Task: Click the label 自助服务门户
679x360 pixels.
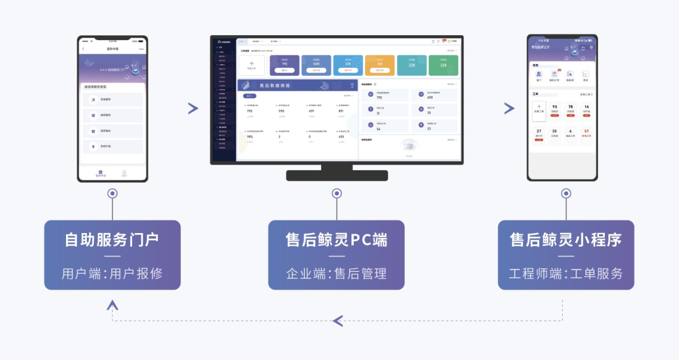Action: click(x=112, y=240)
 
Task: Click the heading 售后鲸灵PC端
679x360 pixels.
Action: click(x=336, y=240)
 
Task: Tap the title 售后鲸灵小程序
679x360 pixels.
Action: click(x=566, y=240)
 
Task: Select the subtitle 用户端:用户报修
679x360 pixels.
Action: click(x=112, y=273)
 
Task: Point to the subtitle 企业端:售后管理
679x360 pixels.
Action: click(x=336, y=273)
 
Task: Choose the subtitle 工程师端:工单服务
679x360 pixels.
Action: click(x=566, y=273)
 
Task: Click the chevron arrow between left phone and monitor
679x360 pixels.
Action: click(x=193, y=108)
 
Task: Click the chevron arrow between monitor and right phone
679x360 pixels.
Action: click(x=509, y=108)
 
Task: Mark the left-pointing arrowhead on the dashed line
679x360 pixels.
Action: click(x=338, y=321)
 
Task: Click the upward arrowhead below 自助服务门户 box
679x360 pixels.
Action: click(x=113, y=305)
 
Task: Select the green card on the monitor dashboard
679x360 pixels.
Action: click(x=443, y=65)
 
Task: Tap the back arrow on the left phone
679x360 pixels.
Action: click(x=83, y=48)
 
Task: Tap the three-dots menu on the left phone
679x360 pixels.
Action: click(x=141, y=48)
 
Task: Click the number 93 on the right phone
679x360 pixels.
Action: click(x=555, y=107)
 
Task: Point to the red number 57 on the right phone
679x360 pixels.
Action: click(x=587, y=131)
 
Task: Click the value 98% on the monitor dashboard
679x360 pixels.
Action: click(x=250, y=136)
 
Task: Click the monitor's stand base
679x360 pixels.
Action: click(x=336, y=175)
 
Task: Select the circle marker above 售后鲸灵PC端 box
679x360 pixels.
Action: click(x=336, y=194)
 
